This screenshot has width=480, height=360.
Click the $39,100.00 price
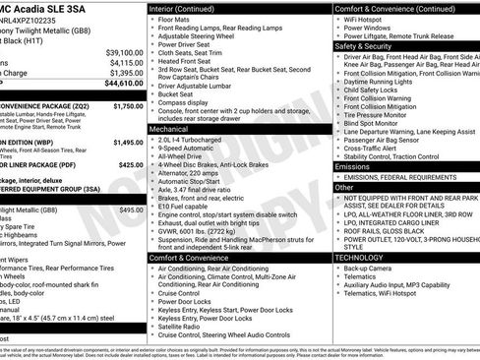pos(124,52)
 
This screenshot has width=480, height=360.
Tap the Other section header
pos(344,187)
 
